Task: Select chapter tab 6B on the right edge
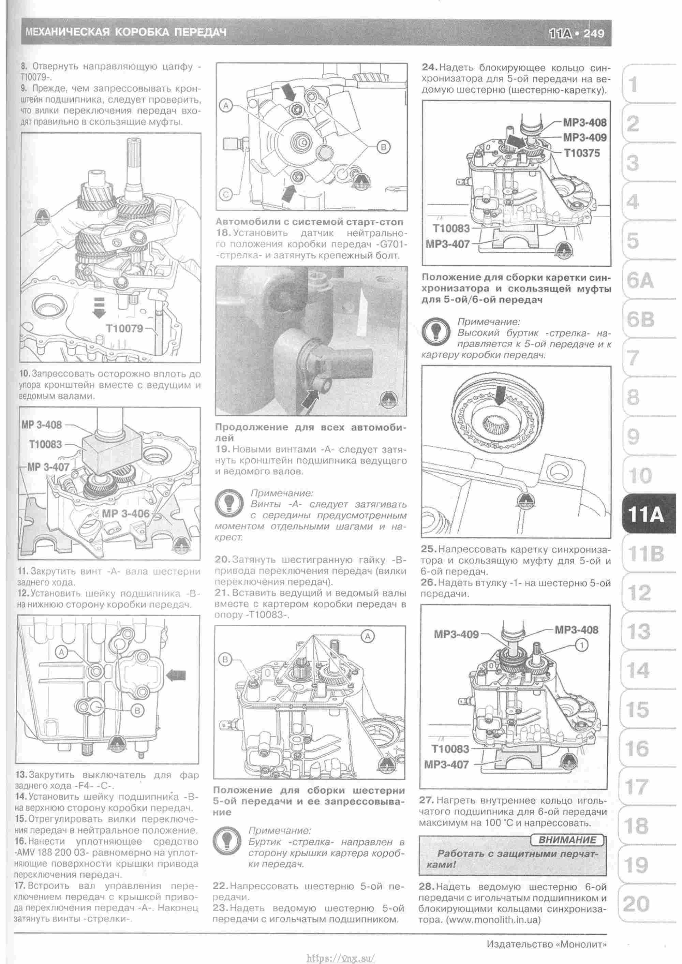click(640, 320)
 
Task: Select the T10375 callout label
click(582, 153)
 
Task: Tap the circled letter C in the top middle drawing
click(226, 194)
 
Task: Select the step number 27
click(426, 800)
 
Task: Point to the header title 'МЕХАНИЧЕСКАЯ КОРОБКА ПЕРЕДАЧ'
click(125, 32)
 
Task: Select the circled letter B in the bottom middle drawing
click(225, 659)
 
